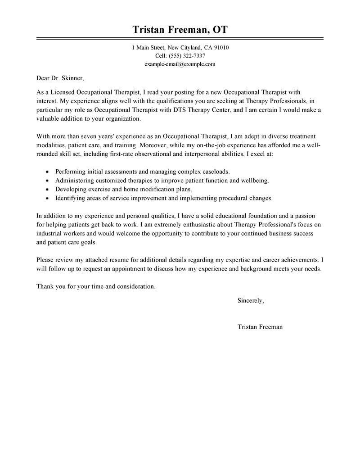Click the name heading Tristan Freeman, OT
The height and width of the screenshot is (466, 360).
coord(180,30)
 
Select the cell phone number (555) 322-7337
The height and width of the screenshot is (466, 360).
coord(186,56)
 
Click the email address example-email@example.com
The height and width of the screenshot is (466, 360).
coord(180,64)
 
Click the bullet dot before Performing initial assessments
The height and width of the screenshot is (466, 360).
coord(48,172)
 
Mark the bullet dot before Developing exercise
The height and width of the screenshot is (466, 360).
coord(48,189)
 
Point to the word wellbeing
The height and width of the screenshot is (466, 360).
coord(254,180)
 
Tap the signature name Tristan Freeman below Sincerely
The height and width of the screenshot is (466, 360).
coord(260,327)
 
